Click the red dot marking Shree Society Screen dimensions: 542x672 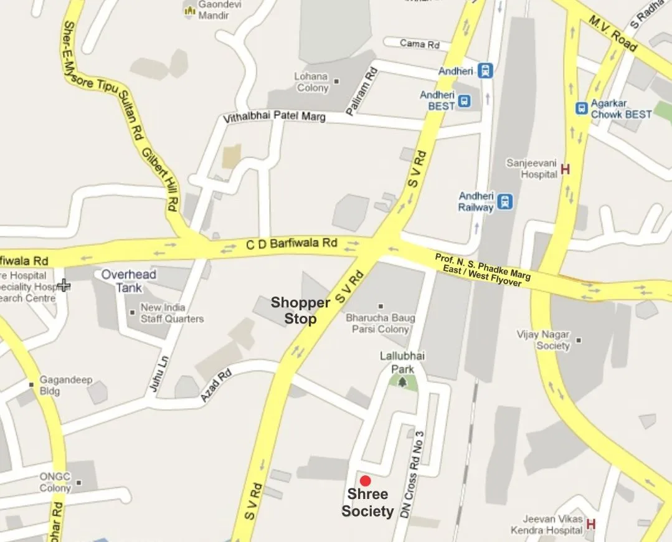click(x=366, y=480)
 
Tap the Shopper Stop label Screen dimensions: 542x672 click(x=300, y=311)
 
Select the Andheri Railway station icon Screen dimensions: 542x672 click(x=505, y=201)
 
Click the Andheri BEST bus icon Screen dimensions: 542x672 click(x=464, y=101)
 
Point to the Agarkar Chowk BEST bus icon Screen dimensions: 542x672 click(x=582, y=108)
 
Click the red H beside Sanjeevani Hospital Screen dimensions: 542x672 click(x=566, y=169)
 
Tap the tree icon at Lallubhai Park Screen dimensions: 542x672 click(x=402, y=382)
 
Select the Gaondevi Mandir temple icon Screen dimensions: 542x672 click(x=190, y=10)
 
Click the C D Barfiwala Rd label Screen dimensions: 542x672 click(x=292, y=244)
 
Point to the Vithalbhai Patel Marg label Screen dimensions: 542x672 click(x=274, y=116)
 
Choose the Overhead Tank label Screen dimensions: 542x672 click(x=128, y=281)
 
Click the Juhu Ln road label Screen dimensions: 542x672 click(x=158, y=373)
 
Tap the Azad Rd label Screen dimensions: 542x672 click(x=215, y=385)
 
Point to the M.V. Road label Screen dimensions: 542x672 click(x=613, y=34)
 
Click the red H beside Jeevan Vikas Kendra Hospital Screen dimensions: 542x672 click(x=590, y=524)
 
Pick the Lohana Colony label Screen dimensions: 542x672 click(x=312, y=82)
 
